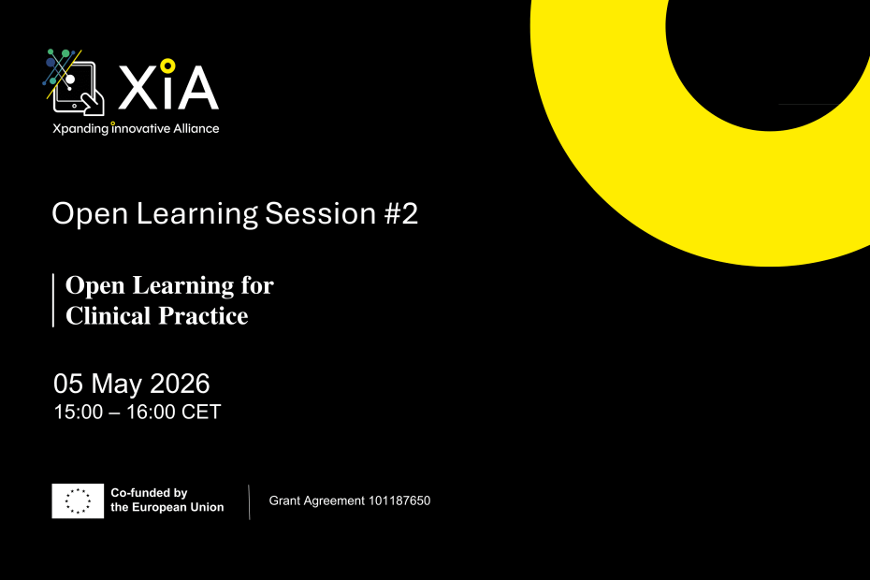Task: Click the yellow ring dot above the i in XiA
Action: pos(167,65)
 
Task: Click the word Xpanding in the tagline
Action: pos(80,128)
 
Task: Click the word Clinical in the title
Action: pos(106,315)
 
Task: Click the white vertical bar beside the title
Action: pos(53,300)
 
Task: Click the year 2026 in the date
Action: pos(180,383)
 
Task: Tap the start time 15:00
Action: pos(77,412)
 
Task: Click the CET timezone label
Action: pos(202,412)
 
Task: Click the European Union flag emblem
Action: pos(78,501)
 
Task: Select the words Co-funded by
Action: pos(150,493)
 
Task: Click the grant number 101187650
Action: pos(398,501)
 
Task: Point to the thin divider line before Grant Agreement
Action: pos(249,502)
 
